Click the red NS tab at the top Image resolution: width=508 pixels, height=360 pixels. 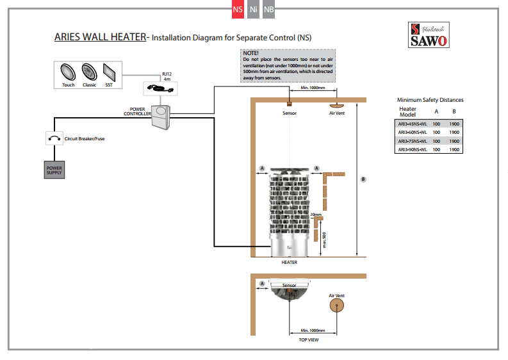(238, 10)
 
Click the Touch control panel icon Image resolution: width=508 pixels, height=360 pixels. (68, 71)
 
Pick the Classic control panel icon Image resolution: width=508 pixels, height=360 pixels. (89, 71)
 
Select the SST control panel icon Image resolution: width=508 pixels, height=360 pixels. (109, 71)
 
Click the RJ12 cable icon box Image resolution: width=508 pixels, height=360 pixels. (160, 88)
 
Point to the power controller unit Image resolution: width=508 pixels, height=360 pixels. (163, 115)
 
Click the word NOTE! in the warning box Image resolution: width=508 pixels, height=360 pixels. (250, 53)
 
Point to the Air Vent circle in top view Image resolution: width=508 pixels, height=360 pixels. (336, 306)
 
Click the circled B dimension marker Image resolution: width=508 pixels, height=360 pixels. (363, 179)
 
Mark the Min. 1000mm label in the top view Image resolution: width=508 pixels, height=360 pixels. (313, 331)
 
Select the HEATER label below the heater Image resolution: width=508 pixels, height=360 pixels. (289, 263)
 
